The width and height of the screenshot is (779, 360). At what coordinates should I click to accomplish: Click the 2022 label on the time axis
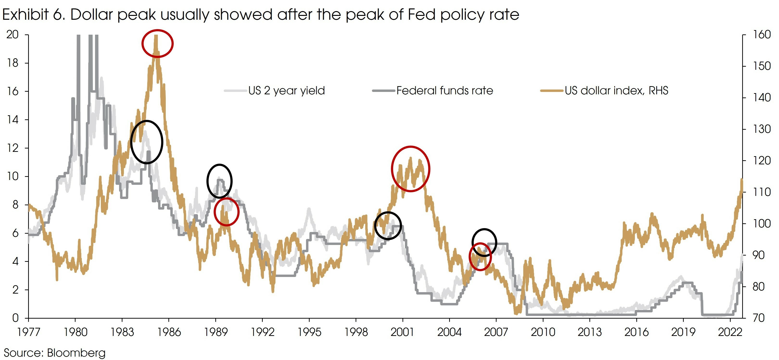click(x=730, y=332)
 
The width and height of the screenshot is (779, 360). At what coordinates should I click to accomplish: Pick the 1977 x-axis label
click(x=29, y=332)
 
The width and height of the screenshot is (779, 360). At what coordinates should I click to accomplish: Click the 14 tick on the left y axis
click(x=13, y=120)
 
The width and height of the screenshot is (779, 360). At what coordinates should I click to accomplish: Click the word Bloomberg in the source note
click(x=76, y=353)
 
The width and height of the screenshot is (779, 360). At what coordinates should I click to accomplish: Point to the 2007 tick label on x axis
click(x=496, y=332)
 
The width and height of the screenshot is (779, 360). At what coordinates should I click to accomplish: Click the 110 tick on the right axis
click(x=761, y=192)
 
